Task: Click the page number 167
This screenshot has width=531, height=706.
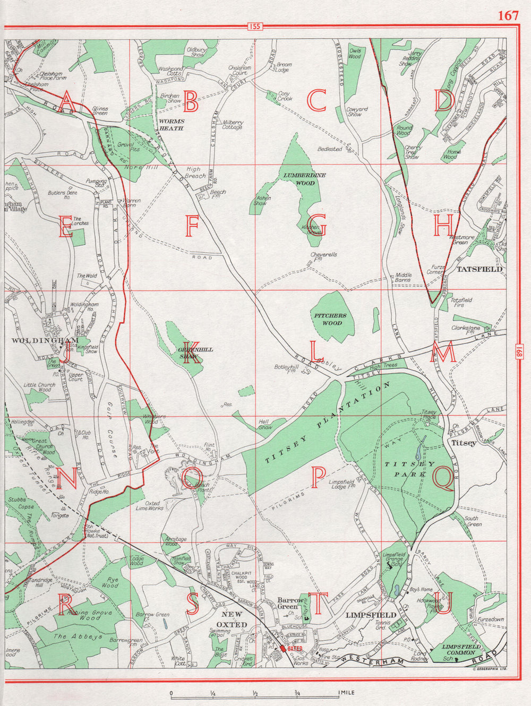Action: click(x=508, y=15)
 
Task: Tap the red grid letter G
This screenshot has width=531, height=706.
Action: click(x=316, y=227)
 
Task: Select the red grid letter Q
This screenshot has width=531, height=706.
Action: click(x=443, y=477)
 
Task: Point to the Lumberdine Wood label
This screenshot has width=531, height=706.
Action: click(x=305, y=179)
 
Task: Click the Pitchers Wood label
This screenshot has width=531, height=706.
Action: click(x=330, y=319)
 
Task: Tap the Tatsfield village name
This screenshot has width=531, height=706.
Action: click(x=479, y=269)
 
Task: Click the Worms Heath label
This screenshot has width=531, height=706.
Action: click(x=171, y=125)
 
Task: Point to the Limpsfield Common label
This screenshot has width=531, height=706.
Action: click(x=461, y=649)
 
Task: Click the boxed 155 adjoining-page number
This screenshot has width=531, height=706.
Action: click(x=254, y=27)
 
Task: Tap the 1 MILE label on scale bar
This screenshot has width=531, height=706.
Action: click(x=346, y=693)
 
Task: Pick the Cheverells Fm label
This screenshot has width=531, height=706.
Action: click(x=323, y=257)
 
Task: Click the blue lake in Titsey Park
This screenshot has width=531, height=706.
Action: click(x=419, y=451)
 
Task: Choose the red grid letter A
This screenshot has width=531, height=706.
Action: click(x=67, y=101)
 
